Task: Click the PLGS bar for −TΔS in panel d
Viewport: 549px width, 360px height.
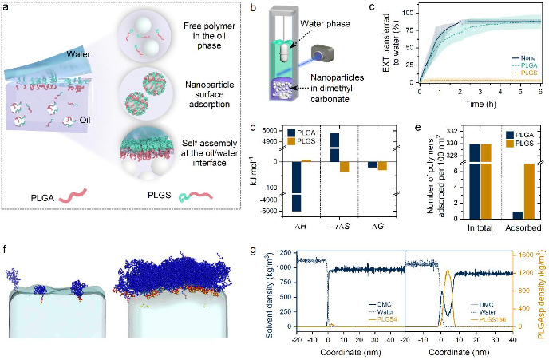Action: (x=345, y=167)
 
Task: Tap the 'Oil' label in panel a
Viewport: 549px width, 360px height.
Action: (x=106, y=144)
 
